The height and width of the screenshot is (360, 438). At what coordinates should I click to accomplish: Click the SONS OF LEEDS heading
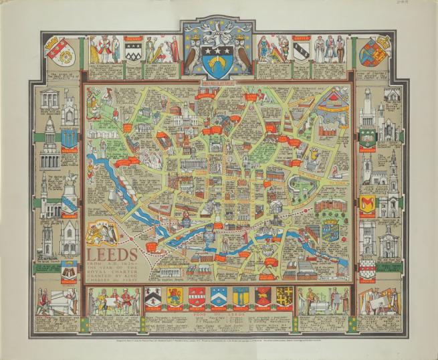coord(218,317)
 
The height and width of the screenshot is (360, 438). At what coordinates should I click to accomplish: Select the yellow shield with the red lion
coord(175,296)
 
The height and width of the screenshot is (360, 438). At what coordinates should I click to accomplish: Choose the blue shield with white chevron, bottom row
coord(219,296)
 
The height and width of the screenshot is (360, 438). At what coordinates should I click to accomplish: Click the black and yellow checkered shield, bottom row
coord(284,296)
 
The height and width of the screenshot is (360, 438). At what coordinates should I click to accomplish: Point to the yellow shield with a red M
coord(367,203)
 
